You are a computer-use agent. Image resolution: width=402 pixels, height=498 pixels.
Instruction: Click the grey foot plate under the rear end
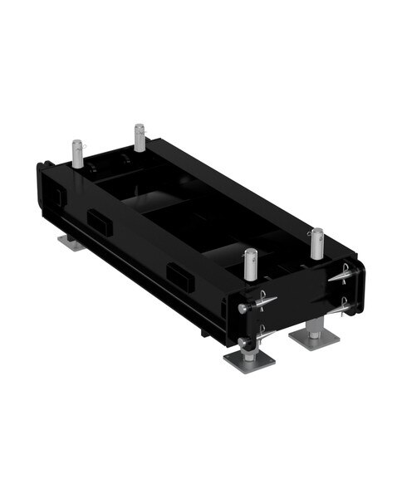[x=70, y=242]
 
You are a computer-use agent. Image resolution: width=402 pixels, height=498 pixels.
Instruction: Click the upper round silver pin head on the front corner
[x=242, y=308]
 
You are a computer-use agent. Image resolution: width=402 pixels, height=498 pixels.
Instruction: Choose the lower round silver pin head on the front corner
[x=243, y=342]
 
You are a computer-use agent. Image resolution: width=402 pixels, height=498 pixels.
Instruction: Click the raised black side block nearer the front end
[x=179, y=277]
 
